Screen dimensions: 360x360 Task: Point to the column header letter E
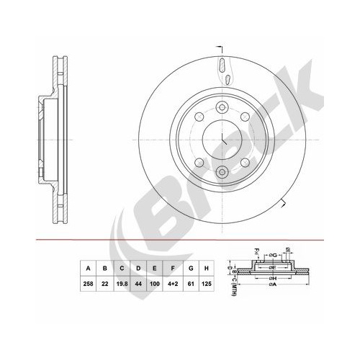tap(156, 270)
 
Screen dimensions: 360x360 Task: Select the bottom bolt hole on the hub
tap(222, 171)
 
